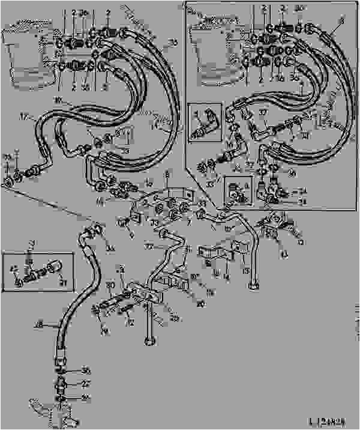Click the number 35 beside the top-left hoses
pyautogui.click(x=173, y=41)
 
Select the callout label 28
pyautogui.click(x=40, y=325)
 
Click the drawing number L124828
pyautogui.click(x=329, y=422)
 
